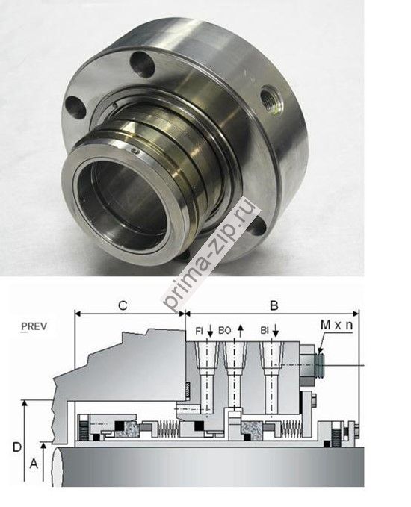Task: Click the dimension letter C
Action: coord(123,305)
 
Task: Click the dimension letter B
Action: coord(274,305)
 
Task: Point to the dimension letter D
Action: coord(17,447)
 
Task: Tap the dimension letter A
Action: coord(34,464)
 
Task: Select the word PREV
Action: coord(34,326)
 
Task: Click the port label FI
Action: coord(200,331)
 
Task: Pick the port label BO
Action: coord(225,331)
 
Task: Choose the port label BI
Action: coord(265,331)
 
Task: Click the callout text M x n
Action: coord(336,325)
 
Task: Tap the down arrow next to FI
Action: coord(210,331)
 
